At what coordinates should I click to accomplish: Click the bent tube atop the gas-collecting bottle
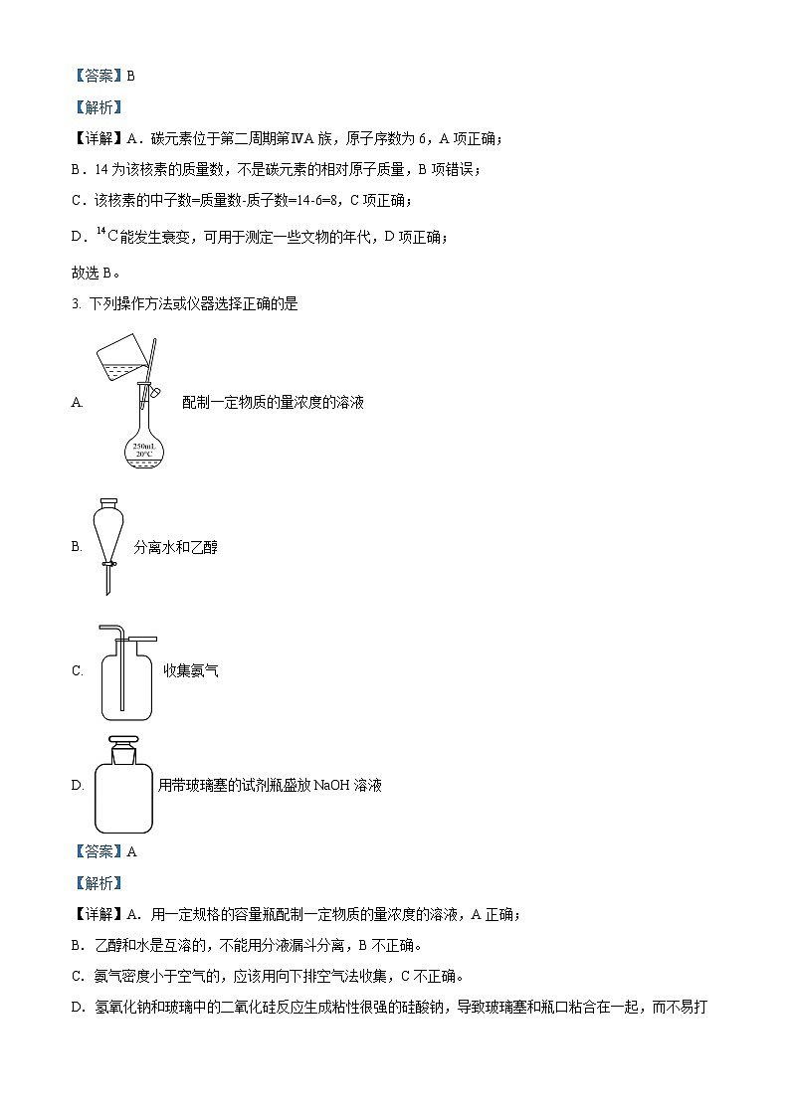[129, 634]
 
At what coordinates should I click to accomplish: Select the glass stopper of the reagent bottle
[123, 747]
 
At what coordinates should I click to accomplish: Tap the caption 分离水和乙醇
[175, 547]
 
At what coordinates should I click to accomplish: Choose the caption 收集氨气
[191, 670]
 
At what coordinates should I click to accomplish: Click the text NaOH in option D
[329, 785]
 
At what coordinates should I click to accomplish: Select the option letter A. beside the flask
[77, 403]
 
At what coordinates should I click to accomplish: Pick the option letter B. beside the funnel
[77, 547]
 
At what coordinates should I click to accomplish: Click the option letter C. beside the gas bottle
[77, 670]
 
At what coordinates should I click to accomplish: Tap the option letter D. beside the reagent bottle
[77, 785]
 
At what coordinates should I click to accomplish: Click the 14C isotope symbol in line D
[102, 236]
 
